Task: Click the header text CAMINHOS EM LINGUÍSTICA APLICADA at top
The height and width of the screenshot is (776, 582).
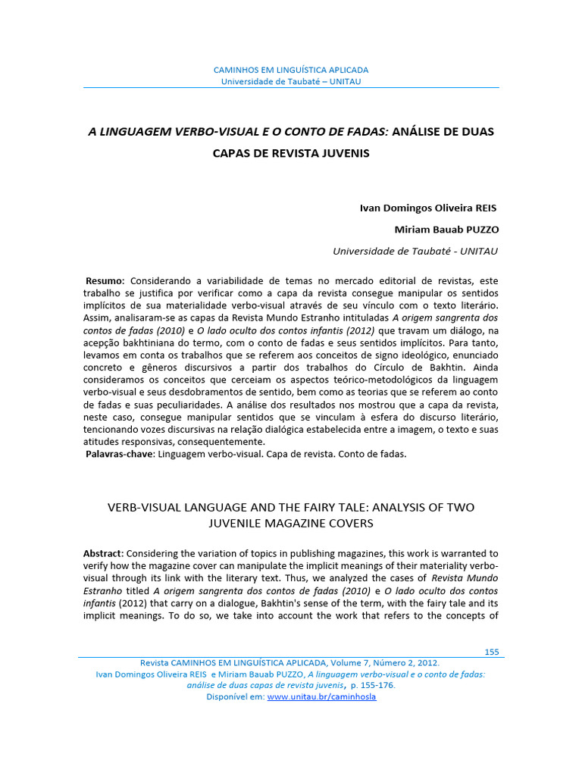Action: (x=291, y=70)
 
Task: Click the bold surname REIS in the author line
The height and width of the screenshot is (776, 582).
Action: (x=482, y=208)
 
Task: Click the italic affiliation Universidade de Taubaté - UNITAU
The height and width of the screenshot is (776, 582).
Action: (x=416, y=251)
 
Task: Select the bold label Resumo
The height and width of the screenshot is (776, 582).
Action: (x=105, y=280)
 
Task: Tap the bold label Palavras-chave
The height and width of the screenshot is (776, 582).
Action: (x=120, y=454)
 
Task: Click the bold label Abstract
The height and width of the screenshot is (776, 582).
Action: (x=102, y=553)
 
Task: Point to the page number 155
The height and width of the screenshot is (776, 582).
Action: (x=491, y=652)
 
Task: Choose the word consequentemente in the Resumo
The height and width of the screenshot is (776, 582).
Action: (x=219, y=442)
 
